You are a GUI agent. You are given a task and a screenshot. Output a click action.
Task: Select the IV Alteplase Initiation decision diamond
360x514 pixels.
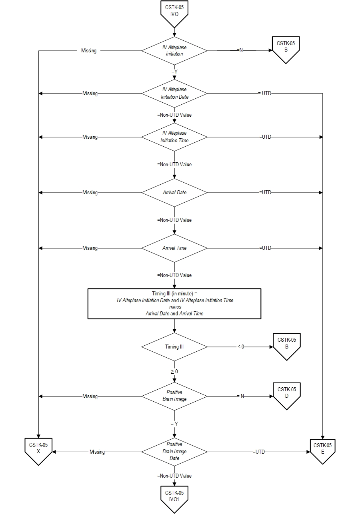click(x=174, y=51)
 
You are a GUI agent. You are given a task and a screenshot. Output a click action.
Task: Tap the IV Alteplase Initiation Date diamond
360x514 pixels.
click(x=174, y=94)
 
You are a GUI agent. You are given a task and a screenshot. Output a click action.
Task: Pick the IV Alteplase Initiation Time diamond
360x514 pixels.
click(x=174, y=137)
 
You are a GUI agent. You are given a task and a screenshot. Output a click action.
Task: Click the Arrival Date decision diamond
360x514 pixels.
click(x=174, y=193)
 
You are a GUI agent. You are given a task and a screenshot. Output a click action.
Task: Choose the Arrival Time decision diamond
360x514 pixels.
click(x=174, y=248)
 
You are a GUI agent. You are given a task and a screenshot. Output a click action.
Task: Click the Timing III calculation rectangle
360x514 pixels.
click(x=174, y=303)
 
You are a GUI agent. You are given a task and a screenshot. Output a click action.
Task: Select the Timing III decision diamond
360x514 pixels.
click(x=174, y=347)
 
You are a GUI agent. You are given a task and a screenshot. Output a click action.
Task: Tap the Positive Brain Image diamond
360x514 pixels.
click(x=174, y=396)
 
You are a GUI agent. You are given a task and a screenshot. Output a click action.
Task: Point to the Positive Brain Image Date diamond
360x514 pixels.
click(x=174, y=452)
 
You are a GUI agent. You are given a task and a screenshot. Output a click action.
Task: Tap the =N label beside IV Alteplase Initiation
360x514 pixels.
click(x=240, y=50)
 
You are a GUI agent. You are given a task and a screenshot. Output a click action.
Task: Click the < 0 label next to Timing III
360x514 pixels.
click(x=240, y=347)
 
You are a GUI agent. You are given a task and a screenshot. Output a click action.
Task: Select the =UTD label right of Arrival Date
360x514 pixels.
click(x=265, y=192)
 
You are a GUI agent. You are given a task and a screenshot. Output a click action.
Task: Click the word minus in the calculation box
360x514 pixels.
click(x=174, y=307)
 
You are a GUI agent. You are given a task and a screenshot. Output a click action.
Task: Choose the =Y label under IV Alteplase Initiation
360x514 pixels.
click(x=174, y=72)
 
